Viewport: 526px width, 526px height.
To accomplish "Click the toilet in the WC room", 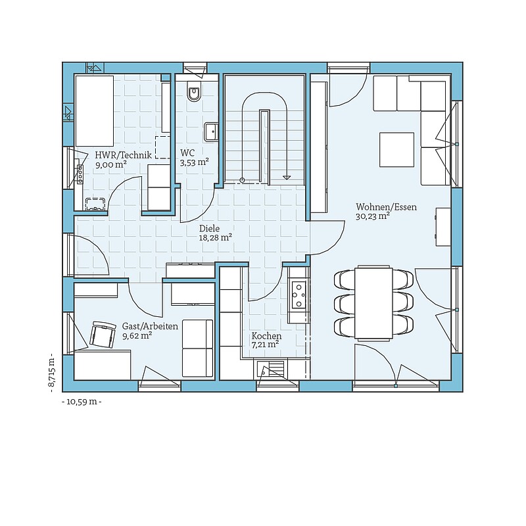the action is point(194,91).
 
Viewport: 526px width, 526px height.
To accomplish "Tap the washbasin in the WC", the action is point(211,132).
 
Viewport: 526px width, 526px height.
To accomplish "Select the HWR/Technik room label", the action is point(123,155).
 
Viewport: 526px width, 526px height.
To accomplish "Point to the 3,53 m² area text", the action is point(195,162).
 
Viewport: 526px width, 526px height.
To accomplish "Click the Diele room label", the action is point(209,228).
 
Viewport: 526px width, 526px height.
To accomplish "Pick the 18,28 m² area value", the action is point(216,237).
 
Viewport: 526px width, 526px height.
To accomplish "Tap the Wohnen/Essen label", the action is point(386,207).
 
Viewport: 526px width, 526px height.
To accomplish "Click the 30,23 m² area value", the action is point(372,216).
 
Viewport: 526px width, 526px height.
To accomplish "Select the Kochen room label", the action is point(267,336).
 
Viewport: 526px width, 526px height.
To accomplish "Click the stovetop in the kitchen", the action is point(299,295).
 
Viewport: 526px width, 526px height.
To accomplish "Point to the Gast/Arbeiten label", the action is point(150,326).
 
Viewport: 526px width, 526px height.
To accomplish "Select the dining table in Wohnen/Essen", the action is point(373,302).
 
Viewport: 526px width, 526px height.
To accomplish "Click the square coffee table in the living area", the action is point(396,150).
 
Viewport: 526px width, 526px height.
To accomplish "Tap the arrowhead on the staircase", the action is point(286,177).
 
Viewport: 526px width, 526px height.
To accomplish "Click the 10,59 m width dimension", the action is point(82,402).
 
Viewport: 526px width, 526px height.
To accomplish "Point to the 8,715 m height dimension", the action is point(51,372).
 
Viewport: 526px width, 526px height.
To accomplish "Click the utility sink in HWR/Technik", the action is point(95,204).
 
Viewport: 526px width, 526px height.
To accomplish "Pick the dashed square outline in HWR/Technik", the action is point(162,147).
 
